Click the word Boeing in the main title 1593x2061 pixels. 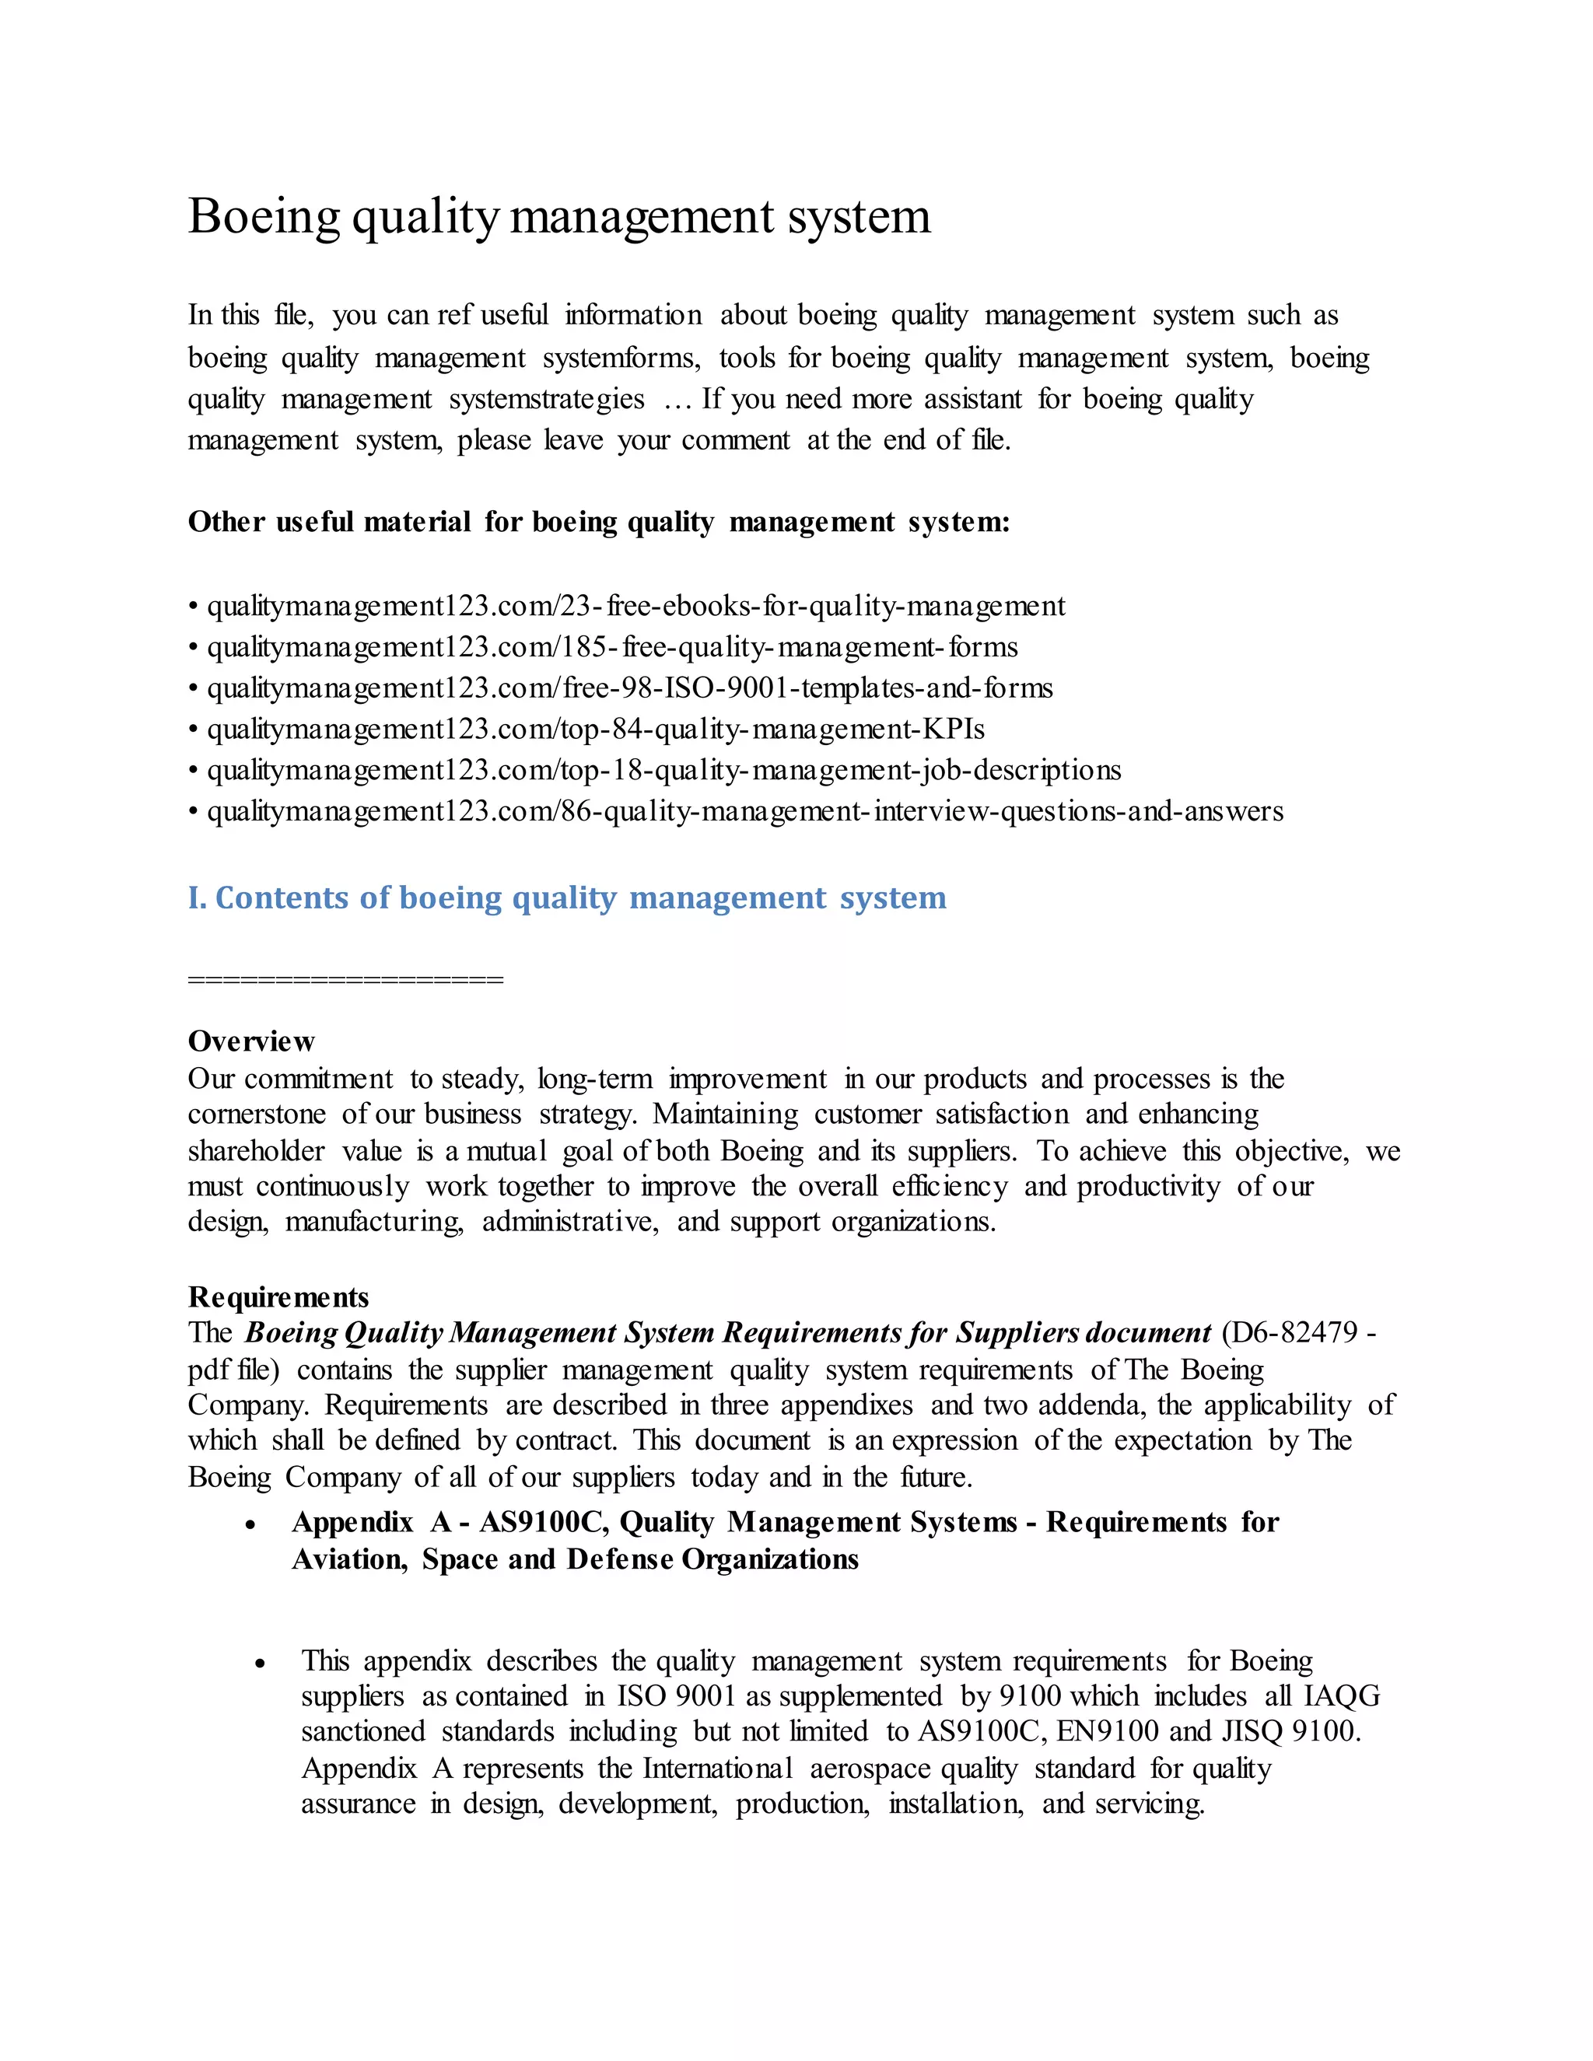pyautogui.click(x=264, y=217)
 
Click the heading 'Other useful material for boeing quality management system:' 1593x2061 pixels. pyautogui.click(x=598, y=522)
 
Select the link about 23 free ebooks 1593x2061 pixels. pyautogui.click(x=635, y=606)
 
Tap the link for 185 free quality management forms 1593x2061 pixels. pyautogui.click(x=611, y=647)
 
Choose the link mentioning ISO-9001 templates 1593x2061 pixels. pyautogui.click(x=629, y=688)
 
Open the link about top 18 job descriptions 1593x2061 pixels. pyautogui.click(x=663, y=770)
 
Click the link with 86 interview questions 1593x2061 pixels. pyautogui.click(x=744, y=811)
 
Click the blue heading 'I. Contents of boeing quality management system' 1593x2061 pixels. pyautogui.click(x=566, y=898)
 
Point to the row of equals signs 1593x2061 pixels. pyautogui.click(x=345, y=979)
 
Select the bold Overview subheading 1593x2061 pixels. pyautogui.click(x=251, y=1041)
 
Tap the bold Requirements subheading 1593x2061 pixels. pyautogui.click(x=278, y=1296)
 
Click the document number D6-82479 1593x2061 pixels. pyautogui.click(x=1292, y=1332)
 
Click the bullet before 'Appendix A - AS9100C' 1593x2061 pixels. pyautogui.click(x=250, y=1525)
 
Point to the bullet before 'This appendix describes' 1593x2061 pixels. pyautogui.click(x=261, y=1664)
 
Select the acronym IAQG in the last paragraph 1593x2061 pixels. pyautogui.click(x=1341, y=1695)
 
